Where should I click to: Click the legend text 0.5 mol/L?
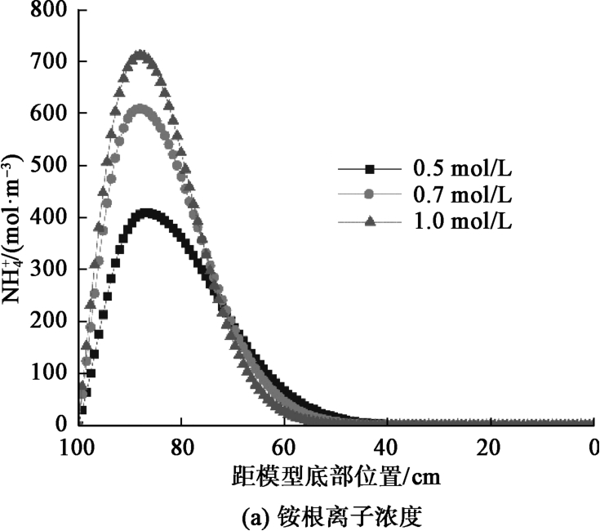[x=463, y=170]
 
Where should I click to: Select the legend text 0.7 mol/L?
[x=463, y=195]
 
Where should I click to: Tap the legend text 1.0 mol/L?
[x=463, y=221]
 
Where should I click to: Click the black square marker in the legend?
[x=369, y=170]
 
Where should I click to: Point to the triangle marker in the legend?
[x=369, y=221]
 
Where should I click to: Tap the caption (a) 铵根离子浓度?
[x=335, y=515]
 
